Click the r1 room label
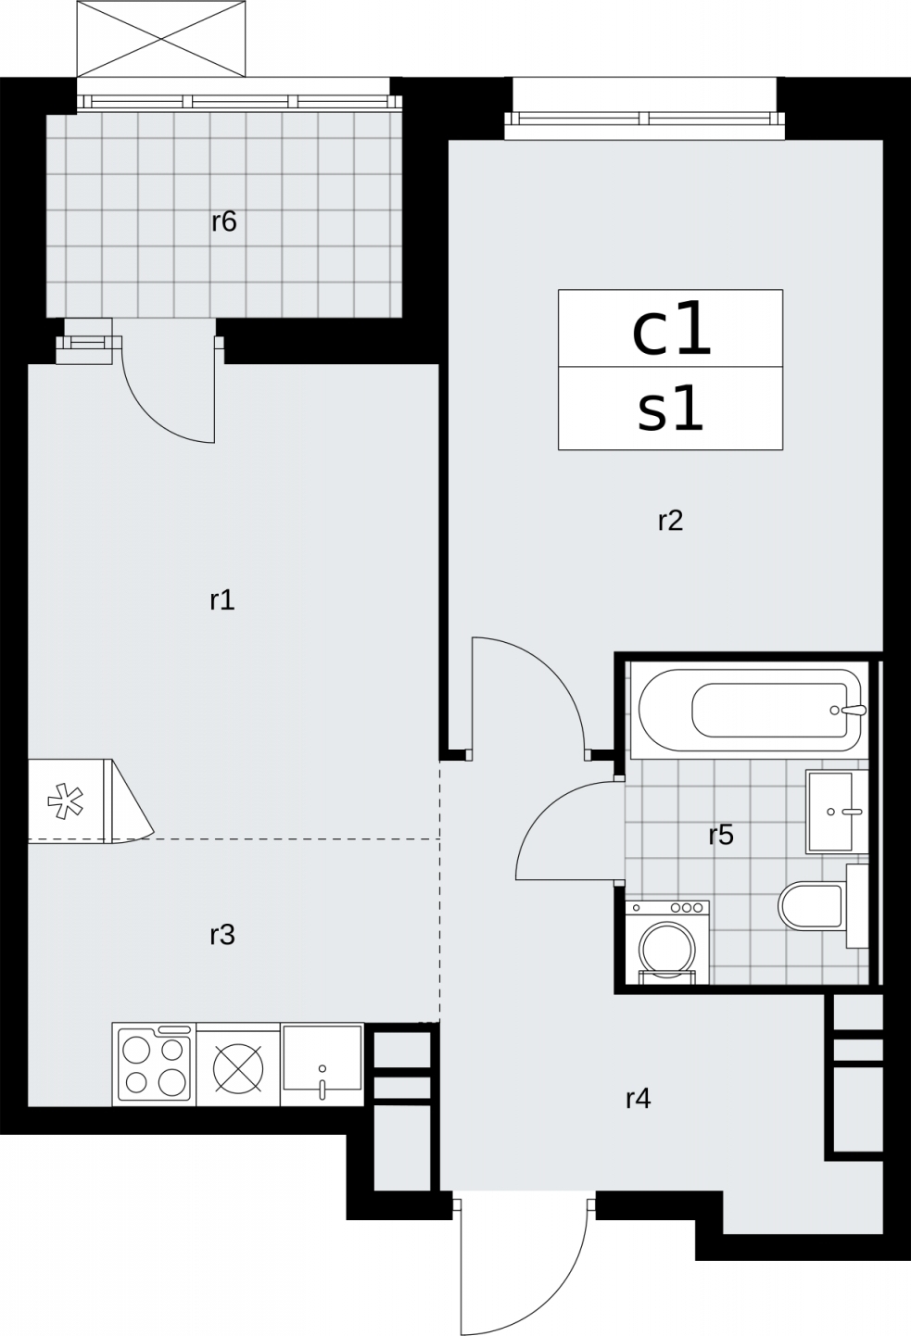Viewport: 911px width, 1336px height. click(221, 600)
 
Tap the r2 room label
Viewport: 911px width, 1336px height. click(670, 521)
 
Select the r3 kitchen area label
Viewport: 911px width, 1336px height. click(221, 935)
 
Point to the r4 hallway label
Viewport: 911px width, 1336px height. click(638, 1098)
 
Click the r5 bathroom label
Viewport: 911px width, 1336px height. click(721, 836)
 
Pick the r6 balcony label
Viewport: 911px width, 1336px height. click(223, 221)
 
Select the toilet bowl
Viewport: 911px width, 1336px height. click(811, 906)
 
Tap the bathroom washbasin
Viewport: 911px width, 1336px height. click(837, 812)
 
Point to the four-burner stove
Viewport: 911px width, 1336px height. click(154, 1065)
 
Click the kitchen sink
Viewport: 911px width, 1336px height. click(323, 1065)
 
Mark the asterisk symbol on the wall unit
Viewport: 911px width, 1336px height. click(66, 800)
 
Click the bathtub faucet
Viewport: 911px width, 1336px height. click(850, 710)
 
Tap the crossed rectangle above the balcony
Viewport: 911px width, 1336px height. click(161, 39)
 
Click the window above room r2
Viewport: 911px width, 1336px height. click(644, 119)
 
